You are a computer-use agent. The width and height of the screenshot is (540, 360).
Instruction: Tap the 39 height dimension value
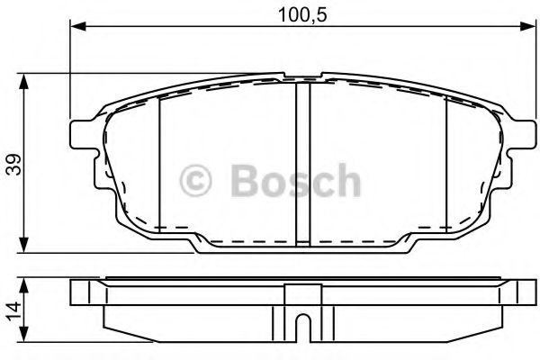(x=12, y=165)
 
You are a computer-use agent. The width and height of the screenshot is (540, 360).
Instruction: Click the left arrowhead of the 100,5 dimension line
(x=75, y=27)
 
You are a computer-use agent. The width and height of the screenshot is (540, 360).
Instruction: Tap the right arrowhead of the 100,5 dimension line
(x=523, y=27)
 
